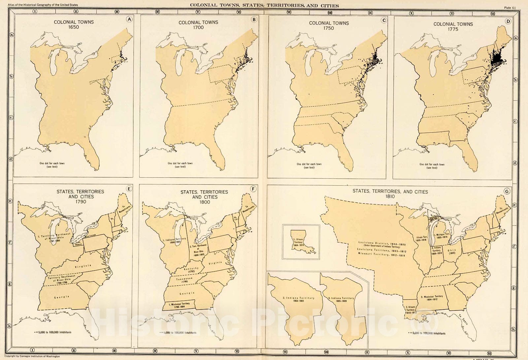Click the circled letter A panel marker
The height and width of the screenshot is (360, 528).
click(129, 19)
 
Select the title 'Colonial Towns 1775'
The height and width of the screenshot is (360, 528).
click(453, 26)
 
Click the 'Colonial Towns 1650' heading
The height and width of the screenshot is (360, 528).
click(74, 24)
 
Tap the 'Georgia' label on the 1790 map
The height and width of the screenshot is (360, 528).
click(62, 297)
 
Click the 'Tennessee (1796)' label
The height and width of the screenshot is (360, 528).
click(184, 280)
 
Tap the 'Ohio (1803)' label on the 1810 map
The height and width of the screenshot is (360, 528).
click(451, 251)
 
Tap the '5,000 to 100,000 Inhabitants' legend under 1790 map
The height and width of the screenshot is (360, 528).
click(53, 332)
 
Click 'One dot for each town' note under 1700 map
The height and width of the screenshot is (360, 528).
click(180, 165)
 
